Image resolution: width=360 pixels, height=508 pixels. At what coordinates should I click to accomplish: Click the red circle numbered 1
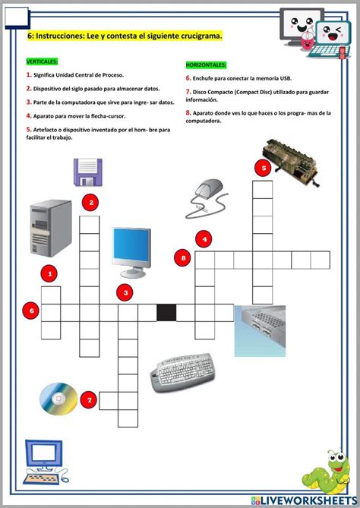pyautogui.click(x=50, y=274)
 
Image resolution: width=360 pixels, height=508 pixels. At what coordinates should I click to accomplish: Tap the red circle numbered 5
pyautogui.click(x=264, y=168)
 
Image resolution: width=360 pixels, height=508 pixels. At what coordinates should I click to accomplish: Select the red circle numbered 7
pyautogui.click(x=90, y=399)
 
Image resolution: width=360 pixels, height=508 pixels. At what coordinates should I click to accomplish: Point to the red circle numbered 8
pyautogui.click(x=183, y=258)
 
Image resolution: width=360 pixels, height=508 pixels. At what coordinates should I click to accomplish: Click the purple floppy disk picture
pyautogui.click(x=88, y=172)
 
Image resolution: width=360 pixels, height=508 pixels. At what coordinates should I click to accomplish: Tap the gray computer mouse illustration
pyautogui.click(x=207, y=198)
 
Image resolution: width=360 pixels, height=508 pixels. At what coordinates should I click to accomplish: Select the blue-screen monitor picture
pyautogui.click(x=132, y=252)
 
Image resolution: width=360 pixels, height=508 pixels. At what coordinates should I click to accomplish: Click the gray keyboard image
pyautogui.click(x=182, y=373)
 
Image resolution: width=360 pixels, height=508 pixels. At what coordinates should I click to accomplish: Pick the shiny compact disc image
pyautogui.click(x=58, y=399)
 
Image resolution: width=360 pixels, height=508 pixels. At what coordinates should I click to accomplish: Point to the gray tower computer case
pyautogui.click(x=51, y=228)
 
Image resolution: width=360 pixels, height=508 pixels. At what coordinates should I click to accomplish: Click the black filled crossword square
pyautogui.click(x=166, y=313)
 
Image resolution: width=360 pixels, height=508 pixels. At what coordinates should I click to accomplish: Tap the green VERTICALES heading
pyautogui.click(x=42, y=62)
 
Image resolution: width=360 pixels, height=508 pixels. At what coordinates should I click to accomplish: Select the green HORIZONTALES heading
pyautogui.click(x=206, y=65)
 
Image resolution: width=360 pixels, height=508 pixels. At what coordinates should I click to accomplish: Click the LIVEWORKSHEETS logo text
pyautogui.click(x=305, y=500)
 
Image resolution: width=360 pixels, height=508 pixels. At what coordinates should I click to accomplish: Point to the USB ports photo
pyautogui.click(x=260, y=331)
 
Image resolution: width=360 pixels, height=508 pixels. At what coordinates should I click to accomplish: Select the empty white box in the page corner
pyautogui.click(x=17, y=17)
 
